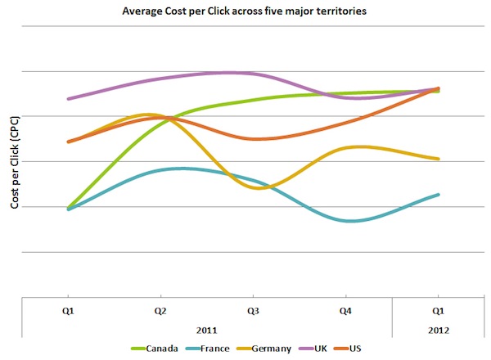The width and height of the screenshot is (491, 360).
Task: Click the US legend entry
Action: tap(354, 349)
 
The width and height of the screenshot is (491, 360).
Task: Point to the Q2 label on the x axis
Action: tap(161, 311)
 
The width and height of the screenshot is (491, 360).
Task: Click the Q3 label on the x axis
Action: tap(254, 311)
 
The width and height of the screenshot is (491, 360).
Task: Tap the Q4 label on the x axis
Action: tap(345, 311)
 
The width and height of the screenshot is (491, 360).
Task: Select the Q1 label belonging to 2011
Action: tap(69, 311)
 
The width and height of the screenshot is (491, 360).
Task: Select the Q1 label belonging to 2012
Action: tap(438, 311)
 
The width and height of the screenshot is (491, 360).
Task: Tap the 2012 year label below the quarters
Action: tap(438, 329)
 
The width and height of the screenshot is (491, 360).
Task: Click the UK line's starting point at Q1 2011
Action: tap(69, 99)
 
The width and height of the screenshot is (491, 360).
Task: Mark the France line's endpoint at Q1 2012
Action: tap(439, 195)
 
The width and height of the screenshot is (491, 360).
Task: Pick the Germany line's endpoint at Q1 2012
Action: tap(439, 159)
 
